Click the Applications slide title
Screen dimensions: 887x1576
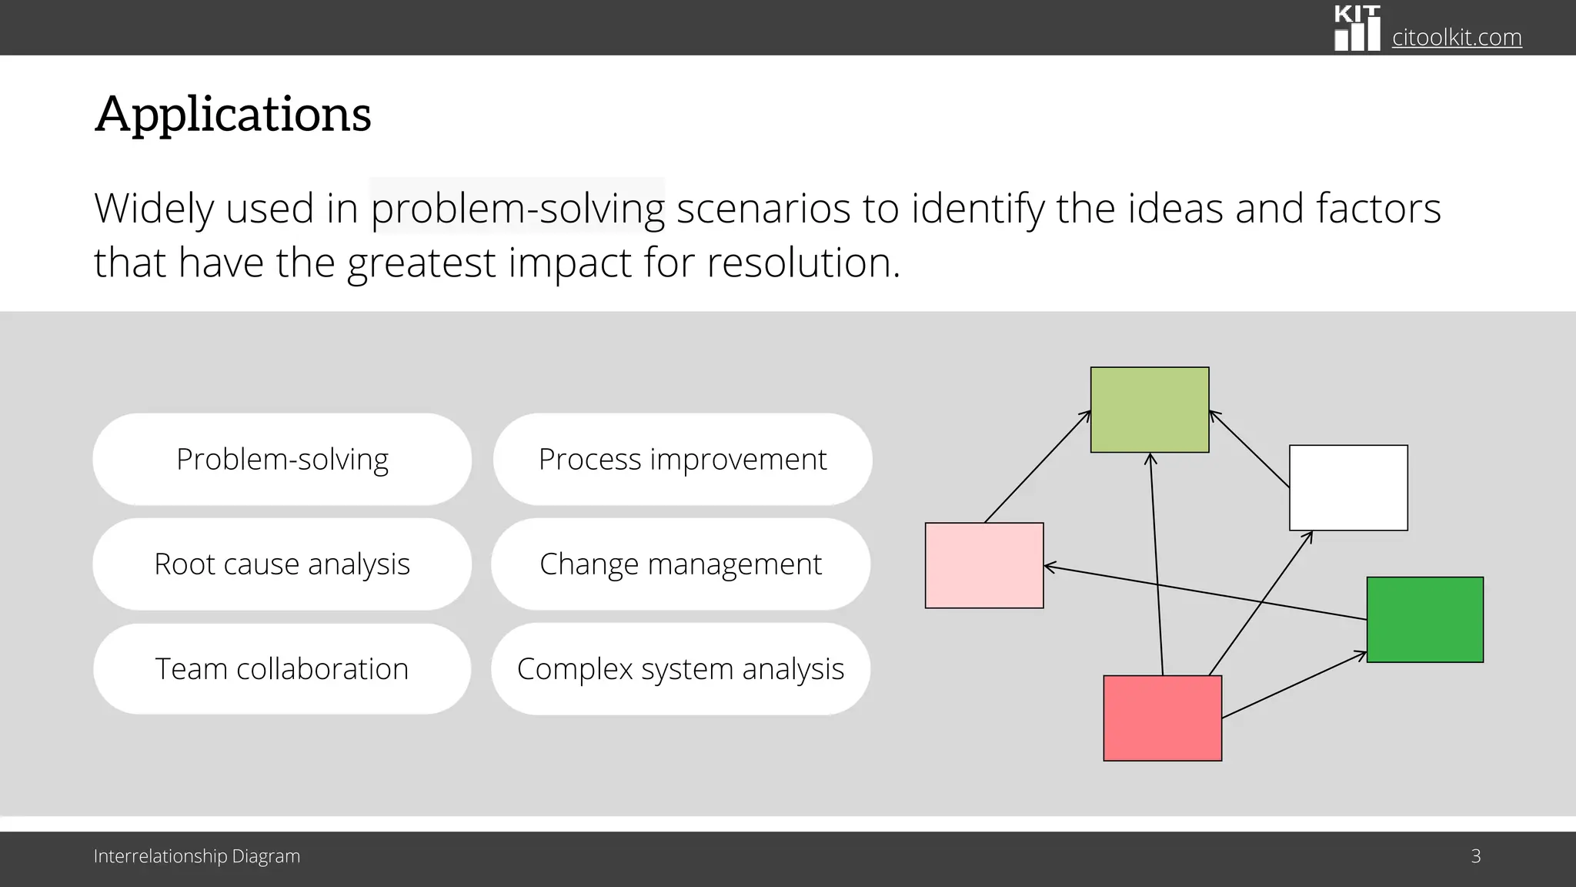[x=232, y=114]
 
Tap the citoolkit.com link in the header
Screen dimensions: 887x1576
[x=1456, y=37]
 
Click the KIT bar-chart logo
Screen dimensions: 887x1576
[x=1357, y=28]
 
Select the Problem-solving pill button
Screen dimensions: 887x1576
[x=282, y=459]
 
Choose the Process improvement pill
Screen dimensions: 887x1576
[x=682, y=459]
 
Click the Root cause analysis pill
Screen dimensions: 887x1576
[x=282, y=564]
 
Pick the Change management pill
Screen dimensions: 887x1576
[x=680, y=564]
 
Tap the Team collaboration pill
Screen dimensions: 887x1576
[x=282, y=668]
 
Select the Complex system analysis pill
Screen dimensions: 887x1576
[x=680, y=668]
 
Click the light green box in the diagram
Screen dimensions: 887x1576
[x=1150, y=410]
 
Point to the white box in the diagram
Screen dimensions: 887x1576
[x=1348, y=487]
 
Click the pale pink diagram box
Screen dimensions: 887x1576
[x=984, y=565]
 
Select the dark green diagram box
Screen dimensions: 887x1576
[x=1424, y=619]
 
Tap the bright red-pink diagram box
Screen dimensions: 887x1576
[x=1162, y=718]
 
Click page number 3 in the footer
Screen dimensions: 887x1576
[x=1475, y=856]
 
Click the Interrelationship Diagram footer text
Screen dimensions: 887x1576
[x=196, y=856]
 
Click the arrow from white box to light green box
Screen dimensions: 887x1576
[x=1250, y=450]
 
